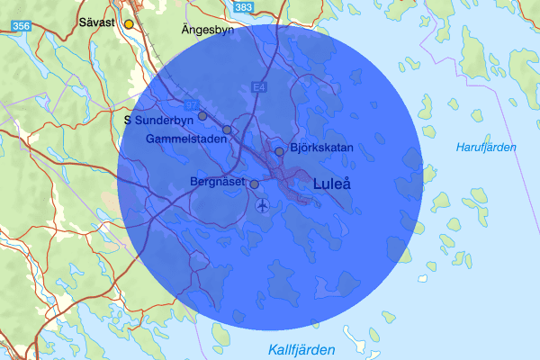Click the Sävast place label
(96, 22)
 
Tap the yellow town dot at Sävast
(129, 23)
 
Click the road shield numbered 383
(243, 7)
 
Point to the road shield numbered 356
(23, 28)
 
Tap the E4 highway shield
(260, 87)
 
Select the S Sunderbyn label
(159, 118)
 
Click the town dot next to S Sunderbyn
(202, 115)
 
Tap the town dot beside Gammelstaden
(227, 130)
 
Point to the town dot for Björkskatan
(280, 151)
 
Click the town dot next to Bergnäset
(254, 184)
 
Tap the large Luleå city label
(331, 184)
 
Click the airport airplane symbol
(262, 206)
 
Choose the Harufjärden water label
(486, 147)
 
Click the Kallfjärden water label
(301, 349)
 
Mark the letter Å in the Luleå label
(346, 184)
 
